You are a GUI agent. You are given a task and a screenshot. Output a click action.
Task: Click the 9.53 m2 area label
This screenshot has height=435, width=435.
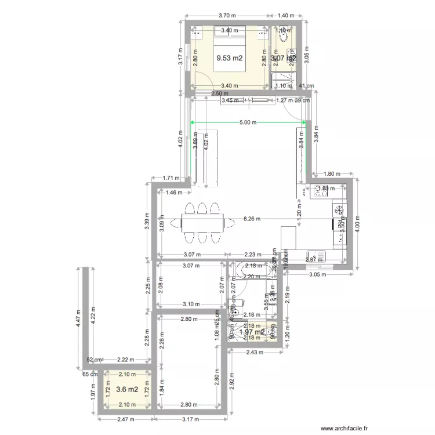point(229,58)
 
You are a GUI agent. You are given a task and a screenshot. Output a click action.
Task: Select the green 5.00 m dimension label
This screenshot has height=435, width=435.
point(248,122)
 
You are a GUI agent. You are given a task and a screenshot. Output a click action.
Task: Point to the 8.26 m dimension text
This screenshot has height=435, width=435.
point(252,219)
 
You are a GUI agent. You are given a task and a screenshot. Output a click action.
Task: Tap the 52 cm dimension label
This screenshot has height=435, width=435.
point(95,360)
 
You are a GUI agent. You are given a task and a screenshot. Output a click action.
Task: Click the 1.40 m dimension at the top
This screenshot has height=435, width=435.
point(288,16)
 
